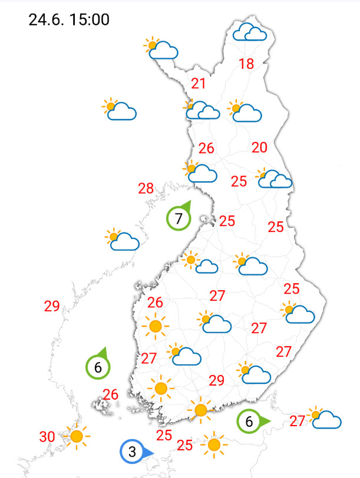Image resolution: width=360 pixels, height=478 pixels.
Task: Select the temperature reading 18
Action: [x=246, y=64]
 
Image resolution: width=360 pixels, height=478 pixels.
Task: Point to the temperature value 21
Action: [x=199, y=84]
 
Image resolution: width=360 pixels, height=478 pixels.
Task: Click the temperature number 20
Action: [x=259, y=148]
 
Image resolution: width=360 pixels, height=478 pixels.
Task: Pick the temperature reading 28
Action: [x=146, y=189]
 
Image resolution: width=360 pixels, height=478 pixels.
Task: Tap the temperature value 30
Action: [x=47, y=437]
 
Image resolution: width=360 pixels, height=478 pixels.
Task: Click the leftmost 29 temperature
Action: [x=52, y=306]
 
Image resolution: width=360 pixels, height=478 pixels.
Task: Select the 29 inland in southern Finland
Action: [x=216, y=380]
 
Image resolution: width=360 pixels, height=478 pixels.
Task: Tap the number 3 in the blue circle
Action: [x=133, y=452]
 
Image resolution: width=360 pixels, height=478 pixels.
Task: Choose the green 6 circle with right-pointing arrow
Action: [x=249, y=421]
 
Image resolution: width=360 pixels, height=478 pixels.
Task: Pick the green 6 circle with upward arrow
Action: [x=98, y=368]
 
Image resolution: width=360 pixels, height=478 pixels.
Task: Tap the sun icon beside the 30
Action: [x=76, y=436]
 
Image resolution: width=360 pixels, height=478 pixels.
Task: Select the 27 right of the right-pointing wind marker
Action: [x=297, y=421]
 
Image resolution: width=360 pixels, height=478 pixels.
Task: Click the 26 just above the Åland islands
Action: [x=111, y=394]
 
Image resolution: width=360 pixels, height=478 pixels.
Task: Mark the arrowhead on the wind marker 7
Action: [x=188, y=205]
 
